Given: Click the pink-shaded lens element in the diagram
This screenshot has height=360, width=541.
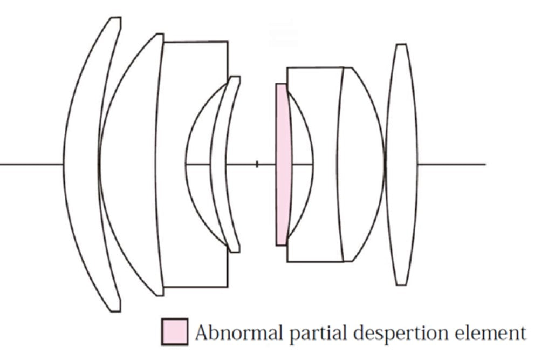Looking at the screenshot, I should click(282, 164).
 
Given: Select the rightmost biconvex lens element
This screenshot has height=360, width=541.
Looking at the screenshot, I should click(401, 164).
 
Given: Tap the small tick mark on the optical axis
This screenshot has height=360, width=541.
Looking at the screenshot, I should click(257, 164).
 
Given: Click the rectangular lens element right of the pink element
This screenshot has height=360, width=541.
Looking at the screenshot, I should click(318, 108).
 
